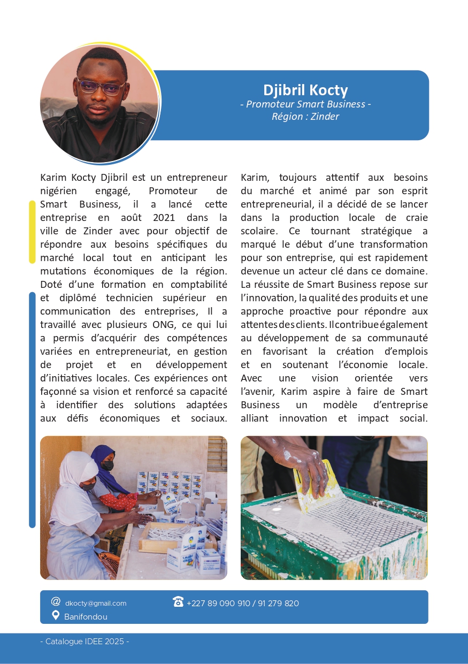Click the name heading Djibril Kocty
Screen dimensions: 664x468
(305, 90)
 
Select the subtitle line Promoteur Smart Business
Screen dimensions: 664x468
(305, 104)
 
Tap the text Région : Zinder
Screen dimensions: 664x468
(305, 116)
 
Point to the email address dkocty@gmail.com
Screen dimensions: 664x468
(96, 604)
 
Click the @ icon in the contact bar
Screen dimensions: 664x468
(56, 601)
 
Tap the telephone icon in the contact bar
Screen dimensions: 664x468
(178, 602)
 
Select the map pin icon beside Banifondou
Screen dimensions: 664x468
(56, 616)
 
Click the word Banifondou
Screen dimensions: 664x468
(86, 617)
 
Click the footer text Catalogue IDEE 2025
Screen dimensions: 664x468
(85, 642)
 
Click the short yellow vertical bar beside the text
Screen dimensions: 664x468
(32, 232)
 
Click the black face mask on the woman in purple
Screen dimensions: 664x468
(107, 465)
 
